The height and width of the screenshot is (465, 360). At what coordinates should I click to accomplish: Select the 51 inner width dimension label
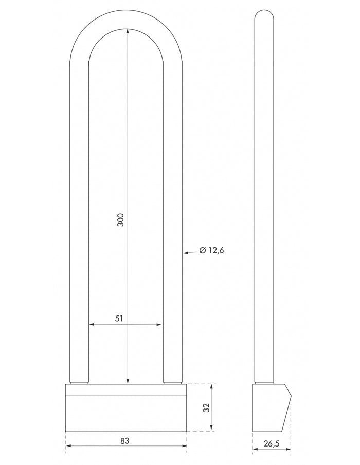[119, 319]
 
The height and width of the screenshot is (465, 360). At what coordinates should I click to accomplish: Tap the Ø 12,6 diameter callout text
[211, 251]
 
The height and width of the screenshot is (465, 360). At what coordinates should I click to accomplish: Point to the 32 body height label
[206, 408]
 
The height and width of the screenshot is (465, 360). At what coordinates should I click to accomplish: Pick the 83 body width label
[124, 441]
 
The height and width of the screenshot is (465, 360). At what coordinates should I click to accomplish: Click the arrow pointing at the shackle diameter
[189, 252]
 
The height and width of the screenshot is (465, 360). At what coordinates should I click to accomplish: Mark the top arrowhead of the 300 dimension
[127, 32]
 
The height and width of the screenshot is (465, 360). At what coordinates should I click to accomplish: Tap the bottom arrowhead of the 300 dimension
[127, 380]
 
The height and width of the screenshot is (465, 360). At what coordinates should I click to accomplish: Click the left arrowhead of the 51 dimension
[92, 325]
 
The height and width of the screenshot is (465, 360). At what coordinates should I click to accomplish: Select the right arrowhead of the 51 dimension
[160, 325]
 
